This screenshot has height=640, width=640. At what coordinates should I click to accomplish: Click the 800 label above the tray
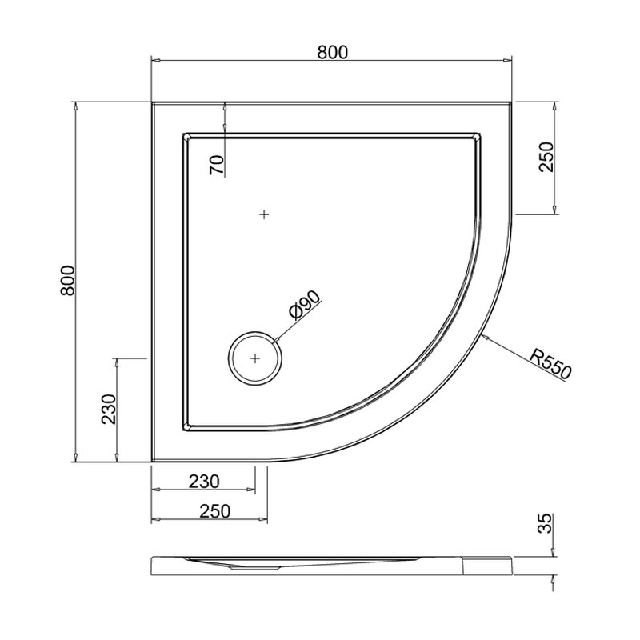click(x=333, y=53)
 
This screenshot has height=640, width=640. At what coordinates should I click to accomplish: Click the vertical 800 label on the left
click(x=68, y=281)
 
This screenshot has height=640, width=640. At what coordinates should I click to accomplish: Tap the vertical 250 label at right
click(x=546, y=157)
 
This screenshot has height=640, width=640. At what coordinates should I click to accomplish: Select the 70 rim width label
click(x=217, y=166)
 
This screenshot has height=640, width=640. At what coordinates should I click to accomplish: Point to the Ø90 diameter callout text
click(x=305, y=304)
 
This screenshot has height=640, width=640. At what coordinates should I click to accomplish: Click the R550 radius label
click(x=550, y=363)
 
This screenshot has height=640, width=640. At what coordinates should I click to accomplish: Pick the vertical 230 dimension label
click(x=109, y=410)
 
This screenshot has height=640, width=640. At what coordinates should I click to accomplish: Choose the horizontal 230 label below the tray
click(x=204, y=482)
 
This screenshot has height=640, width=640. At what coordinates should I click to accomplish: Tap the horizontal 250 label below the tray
click(x=215, y=511)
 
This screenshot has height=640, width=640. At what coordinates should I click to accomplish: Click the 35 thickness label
click(x=545, y=523)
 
